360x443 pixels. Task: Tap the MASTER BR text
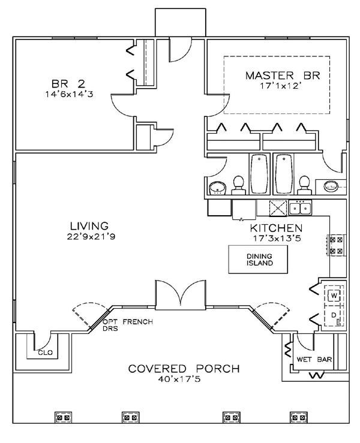coord(283,76)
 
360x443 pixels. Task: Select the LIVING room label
coord(89,226)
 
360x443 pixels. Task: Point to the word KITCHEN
coord(275,228)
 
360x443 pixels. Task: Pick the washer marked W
coord(334,296)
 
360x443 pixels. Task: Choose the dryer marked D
coord(334,315)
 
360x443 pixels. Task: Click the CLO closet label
coord(45,353)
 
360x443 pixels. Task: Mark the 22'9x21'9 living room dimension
coord(89,237)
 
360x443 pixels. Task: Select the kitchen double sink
coord(300,209)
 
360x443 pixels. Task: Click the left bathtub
coord(259,174)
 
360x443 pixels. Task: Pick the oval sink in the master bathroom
coord(331,186)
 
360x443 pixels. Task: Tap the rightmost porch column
coord(298,417)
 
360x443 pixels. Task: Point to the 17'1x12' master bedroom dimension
coord(283,86)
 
